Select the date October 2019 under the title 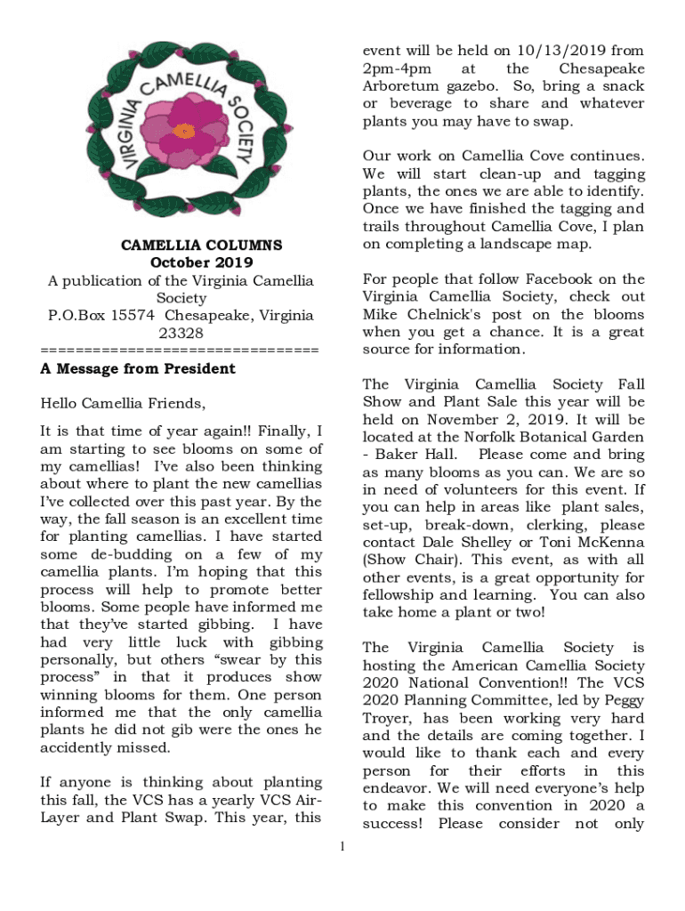point(201,262)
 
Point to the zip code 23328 point(181,333)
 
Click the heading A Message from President point(138,368)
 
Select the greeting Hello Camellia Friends point(123,404)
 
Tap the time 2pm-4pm point(397,69)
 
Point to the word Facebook point(561,279)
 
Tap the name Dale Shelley point(469,543)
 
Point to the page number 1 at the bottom point(342,845)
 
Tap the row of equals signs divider point(180,350)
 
